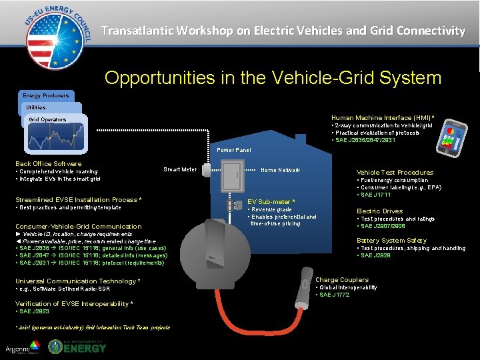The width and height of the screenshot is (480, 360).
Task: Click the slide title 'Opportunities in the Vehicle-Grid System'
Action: [x=273, y=78]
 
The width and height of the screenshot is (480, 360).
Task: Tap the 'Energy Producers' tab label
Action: [x=47, y=95]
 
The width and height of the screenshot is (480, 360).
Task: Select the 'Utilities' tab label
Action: [x=36, y=107]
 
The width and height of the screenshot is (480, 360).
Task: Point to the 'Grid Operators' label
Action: [x=47, y=120]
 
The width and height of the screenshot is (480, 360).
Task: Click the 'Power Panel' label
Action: [x=234, y=150]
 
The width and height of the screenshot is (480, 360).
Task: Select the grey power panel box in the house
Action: [x=233, y=177]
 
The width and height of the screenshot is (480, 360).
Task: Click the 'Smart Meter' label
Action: [x=180, y=169]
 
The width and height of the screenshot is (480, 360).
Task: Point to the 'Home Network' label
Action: [x=280, y=170]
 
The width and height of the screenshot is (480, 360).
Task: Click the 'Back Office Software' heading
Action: [x=48, y=164]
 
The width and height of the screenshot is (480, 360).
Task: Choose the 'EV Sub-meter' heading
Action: [x=271, y=201]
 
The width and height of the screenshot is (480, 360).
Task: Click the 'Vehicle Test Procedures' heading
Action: [x=395, y=172]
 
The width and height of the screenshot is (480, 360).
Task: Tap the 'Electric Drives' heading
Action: [x=380, y=211]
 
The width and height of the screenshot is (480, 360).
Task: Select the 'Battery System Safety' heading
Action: [x=391, y=240]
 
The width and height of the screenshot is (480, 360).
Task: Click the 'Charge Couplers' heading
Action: [x=342, y=280]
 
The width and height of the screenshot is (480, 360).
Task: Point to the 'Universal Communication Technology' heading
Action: [x=77, y=281]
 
